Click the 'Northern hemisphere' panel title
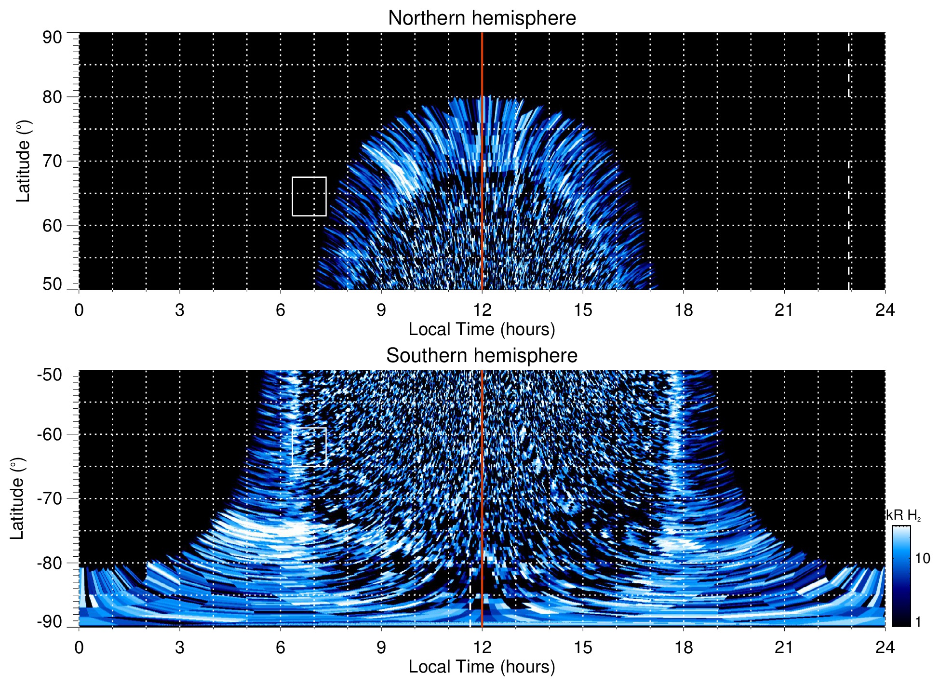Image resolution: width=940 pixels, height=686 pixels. [482, 18]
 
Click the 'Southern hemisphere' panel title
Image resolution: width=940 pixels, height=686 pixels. [482, 356]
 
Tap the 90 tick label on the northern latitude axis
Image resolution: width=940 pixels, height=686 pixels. [52, 38]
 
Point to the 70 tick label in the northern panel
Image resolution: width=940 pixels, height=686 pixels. [52, 161]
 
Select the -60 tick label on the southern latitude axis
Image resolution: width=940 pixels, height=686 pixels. [50, 434]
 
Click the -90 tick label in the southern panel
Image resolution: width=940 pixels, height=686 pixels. [50, 622]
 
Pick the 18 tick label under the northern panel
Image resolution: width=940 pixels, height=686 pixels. [683, 310]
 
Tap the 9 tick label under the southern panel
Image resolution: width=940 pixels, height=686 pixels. [381, 647]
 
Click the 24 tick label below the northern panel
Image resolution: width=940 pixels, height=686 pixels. [885, 310]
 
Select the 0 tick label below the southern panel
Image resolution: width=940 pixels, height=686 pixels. [79, 647]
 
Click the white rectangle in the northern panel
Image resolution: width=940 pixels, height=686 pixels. [309, 196]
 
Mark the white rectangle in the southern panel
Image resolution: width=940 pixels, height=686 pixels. [309, 446]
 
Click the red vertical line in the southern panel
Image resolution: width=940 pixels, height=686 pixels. [482, 482]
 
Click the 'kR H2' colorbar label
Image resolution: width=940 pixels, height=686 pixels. [903, 516]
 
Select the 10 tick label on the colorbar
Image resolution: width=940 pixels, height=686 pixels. [922, 559]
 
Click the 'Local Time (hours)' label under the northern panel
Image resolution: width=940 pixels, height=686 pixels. [482, 330]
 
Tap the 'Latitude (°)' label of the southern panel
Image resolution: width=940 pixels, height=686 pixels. [17, 498]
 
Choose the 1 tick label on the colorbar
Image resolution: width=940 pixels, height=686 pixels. [918, 622]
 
